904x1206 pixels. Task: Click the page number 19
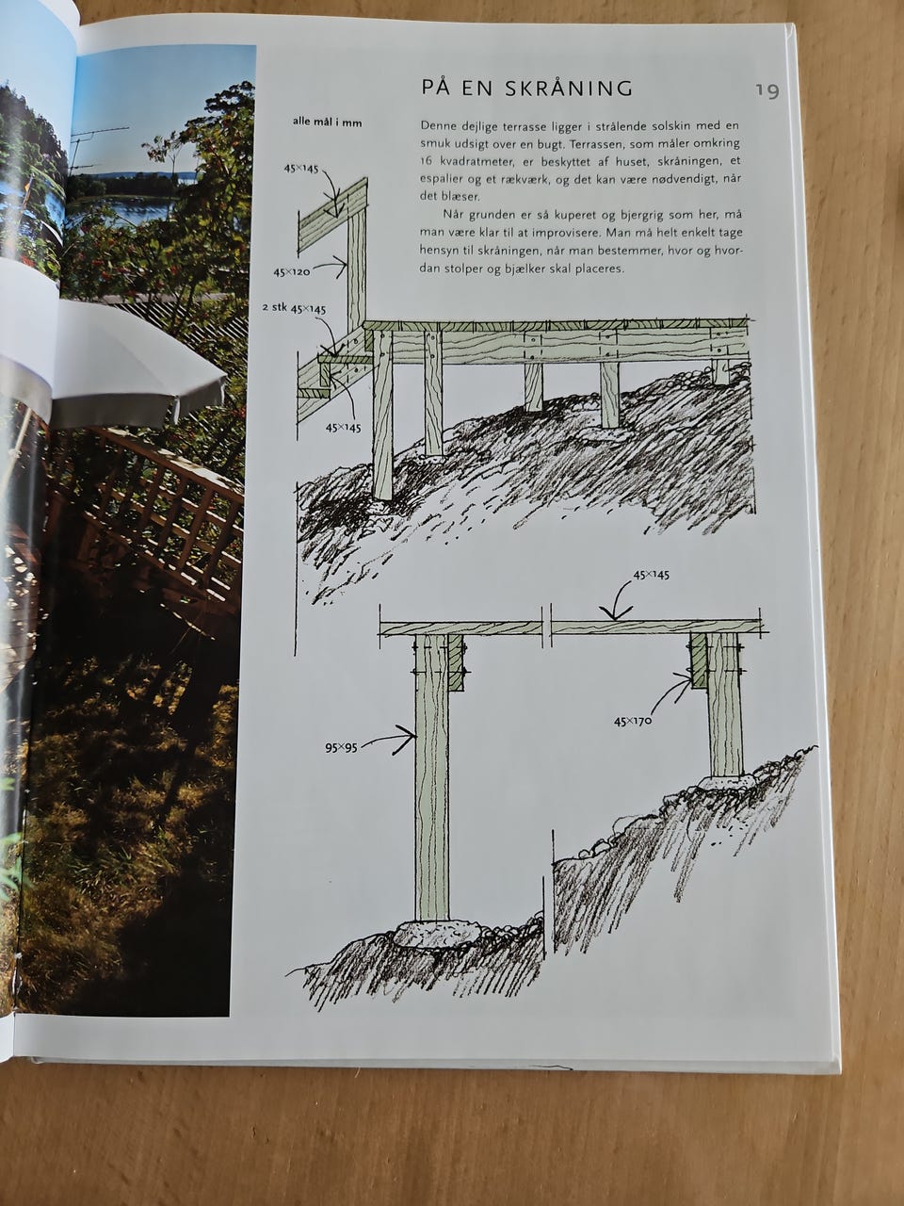pyautogui.click(x=767, y=90)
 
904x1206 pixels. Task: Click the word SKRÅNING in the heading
pyautogui.click(x=569, y=88)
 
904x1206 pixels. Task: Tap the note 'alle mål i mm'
pyautogui.click(x=327, y=122)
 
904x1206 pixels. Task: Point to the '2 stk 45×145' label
pyautogui.click(x=294, y=309)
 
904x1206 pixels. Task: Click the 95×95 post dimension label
pyautogui.click(x=341, y=747)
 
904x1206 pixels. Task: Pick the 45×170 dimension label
pyautogui.click(x=632, y=721)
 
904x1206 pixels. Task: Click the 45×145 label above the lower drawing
pyautogui.click(x=651, y=576)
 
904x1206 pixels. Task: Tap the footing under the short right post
pyautogui.click(x=727, y=782)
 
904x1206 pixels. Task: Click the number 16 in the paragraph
pyautogui.click(x=427, y=161)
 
